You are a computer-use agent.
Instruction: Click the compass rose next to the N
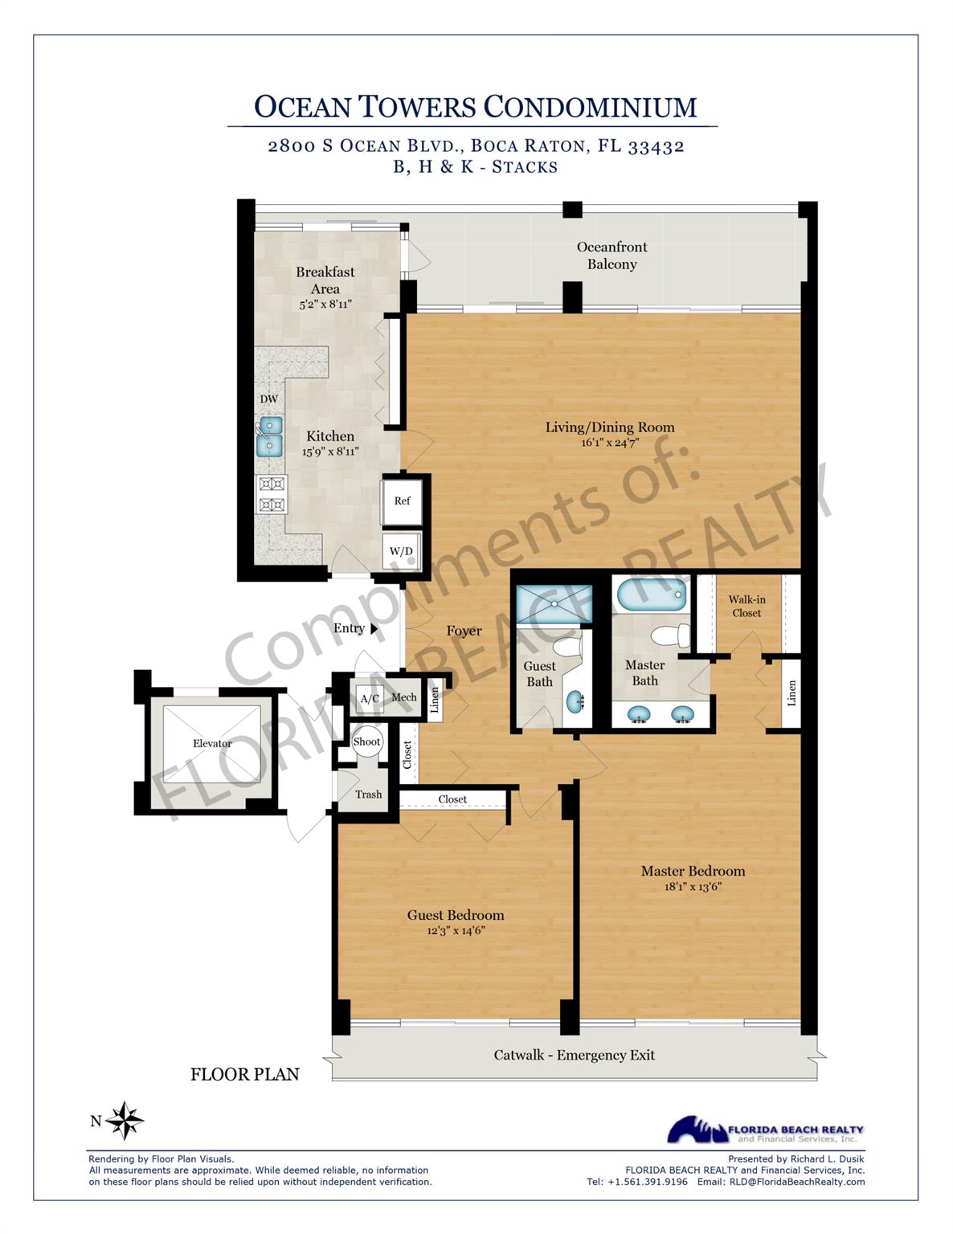point(125,1120)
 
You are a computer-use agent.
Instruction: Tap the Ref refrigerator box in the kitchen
point(402,501)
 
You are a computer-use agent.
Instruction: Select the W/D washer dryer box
point(401,551)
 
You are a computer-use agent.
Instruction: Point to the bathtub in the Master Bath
point(652,597)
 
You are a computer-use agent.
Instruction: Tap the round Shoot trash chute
point(366,742)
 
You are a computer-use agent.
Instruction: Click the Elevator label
point(212,744)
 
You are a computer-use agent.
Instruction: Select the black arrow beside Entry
point(374,629)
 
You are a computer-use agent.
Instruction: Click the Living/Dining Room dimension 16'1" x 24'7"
point(610,443)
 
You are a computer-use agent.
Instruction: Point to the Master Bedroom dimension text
point(693,887)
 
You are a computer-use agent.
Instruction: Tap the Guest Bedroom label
point(456,915)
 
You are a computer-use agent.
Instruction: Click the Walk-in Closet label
point(746,606)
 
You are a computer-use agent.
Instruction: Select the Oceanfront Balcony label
point(611,255)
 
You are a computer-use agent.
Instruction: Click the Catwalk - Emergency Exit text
point(574,1055)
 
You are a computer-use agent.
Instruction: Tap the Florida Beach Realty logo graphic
point(697,1129)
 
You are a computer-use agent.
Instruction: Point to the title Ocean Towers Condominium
point(475,107)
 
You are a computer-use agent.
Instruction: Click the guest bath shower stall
point(553,603)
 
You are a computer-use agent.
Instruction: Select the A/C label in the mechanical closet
point(370,699)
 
